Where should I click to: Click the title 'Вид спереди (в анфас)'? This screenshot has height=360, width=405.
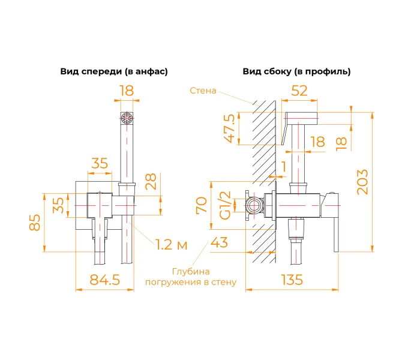pos(113,71)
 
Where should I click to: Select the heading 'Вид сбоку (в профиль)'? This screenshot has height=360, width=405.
pos(296,71)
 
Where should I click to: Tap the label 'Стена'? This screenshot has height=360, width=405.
pos(203,91)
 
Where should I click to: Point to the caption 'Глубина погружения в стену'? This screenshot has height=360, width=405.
pos(191,277)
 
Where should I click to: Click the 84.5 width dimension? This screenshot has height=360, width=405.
pos(104,280)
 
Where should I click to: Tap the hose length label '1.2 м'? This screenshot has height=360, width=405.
pos(171,244)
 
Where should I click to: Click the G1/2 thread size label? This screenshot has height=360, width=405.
pos(224,205)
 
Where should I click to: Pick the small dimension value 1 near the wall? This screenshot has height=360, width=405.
pos(283,166)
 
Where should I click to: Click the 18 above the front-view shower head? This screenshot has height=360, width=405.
pos(126,91)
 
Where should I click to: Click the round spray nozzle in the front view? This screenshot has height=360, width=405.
pos(126,118)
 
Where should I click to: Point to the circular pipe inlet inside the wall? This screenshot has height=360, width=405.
pos(255,205)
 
